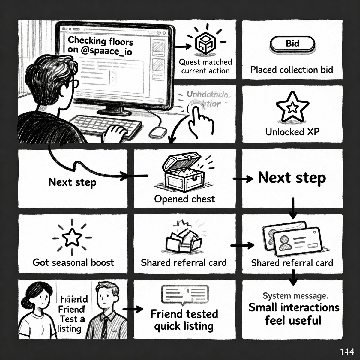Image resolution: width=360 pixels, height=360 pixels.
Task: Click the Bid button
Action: (292, 44)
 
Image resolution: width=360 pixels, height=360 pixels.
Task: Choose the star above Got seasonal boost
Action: (72, 237)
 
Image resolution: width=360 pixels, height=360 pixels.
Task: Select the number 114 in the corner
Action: (347, 351)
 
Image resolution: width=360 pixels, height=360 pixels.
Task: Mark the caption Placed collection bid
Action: (292, 70)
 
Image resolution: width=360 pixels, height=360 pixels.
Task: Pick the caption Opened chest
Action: (184, 199)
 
